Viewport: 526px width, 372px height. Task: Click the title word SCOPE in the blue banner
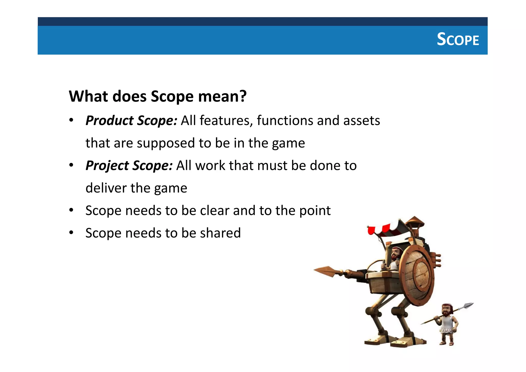click(x=458, y=40)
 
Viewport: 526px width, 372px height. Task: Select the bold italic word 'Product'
click(x=109, y=120)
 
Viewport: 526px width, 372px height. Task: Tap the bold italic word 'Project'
click(x=107, y=165)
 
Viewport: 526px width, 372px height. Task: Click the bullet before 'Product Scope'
click(x=71, y=120)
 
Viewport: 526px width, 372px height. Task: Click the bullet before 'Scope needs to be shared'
click(x=71, y=233)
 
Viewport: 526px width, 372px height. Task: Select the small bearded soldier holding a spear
click(x=448, y=324)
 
